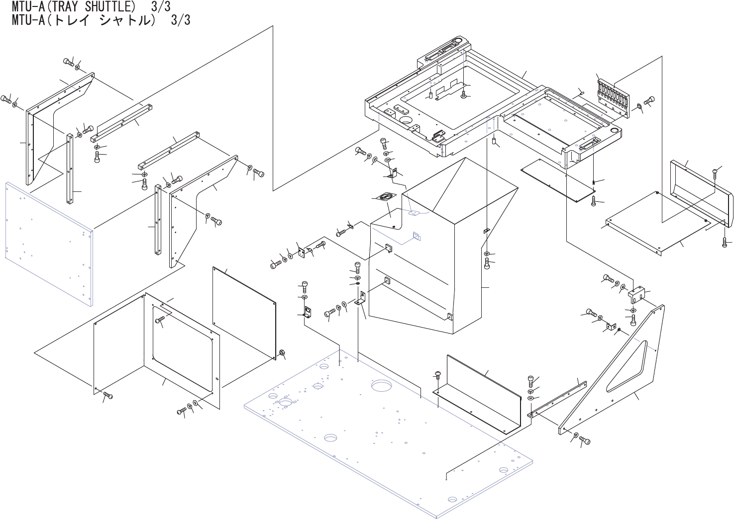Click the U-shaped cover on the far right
[702, 191]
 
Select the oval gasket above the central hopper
[385, 197]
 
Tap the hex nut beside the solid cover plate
[282, 352]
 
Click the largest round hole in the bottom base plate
[382, 385]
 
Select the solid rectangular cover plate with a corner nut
[244, 311]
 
